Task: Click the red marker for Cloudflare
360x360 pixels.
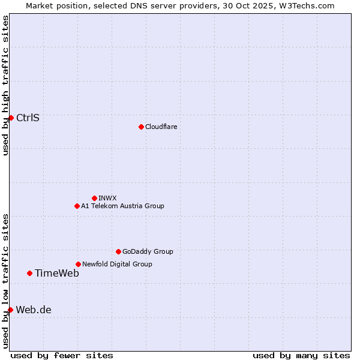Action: pyautogui.click(x=141, y=127)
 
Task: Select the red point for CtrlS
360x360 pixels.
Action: pyautogui.click(x=11, y=118)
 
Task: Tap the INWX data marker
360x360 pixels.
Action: pyautogui.click(x=94, y=198)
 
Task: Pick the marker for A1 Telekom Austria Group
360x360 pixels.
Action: pyautogui.click(x=77, y=206)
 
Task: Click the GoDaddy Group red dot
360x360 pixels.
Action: pyautogui.click(x=118, y=251)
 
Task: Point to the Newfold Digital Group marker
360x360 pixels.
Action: pyautogui.click(x=78, y=264)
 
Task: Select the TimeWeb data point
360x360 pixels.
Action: pyautogui.click(x=29, y=273)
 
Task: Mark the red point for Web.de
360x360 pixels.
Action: pyautogui.click(x=10, y=310)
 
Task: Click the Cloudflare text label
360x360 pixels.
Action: pyautogui.click(x=161, y=127)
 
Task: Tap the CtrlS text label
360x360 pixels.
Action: pyautogui.click(x=28, y=118)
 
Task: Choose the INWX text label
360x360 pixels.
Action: pyautogui.click(x=107, y=198)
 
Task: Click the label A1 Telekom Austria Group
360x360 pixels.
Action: pyautogui.click(x=122, y=206)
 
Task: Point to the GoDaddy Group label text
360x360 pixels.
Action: pyautogui.click(x=148, y=251)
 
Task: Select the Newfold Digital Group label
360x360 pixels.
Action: pyautogui.click(x=117, y=264)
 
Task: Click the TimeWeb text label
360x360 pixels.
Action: pyautogui.click(x=56, y=273)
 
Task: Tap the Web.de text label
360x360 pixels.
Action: pyautogui.click(x=34, y=310)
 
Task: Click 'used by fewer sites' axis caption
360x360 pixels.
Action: pyautogui.click(x=62, y=355)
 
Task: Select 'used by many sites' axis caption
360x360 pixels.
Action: pyautogui.click(x=301, y=355)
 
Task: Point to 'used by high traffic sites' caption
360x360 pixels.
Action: pyautogui.click(x=5, y=85)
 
